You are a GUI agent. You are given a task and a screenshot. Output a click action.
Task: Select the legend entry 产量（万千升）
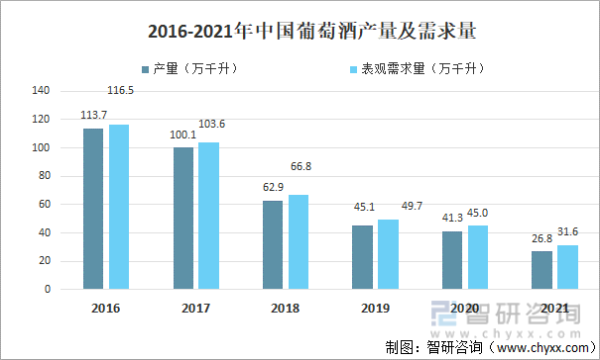(200, 69)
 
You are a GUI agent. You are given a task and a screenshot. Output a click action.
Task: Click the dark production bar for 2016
(93, 208)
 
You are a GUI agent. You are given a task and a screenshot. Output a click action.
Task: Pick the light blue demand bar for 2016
(119, 206)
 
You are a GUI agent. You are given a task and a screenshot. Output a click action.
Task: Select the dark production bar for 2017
(183, 218)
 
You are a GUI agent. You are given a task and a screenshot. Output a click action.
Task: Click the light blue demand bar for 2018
(298, 241)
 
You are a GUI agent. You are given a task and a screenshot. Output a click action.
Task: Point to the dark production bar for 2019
(362, 257)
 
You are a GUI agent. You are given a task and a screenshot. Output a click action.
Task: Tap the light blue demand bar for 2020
(477, 257)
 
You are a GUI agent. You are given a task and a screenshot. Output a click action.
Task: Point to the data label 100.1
(181, 135)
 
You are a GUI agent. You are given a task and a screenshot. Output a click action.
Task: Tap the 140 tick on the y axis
(41, 90)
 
